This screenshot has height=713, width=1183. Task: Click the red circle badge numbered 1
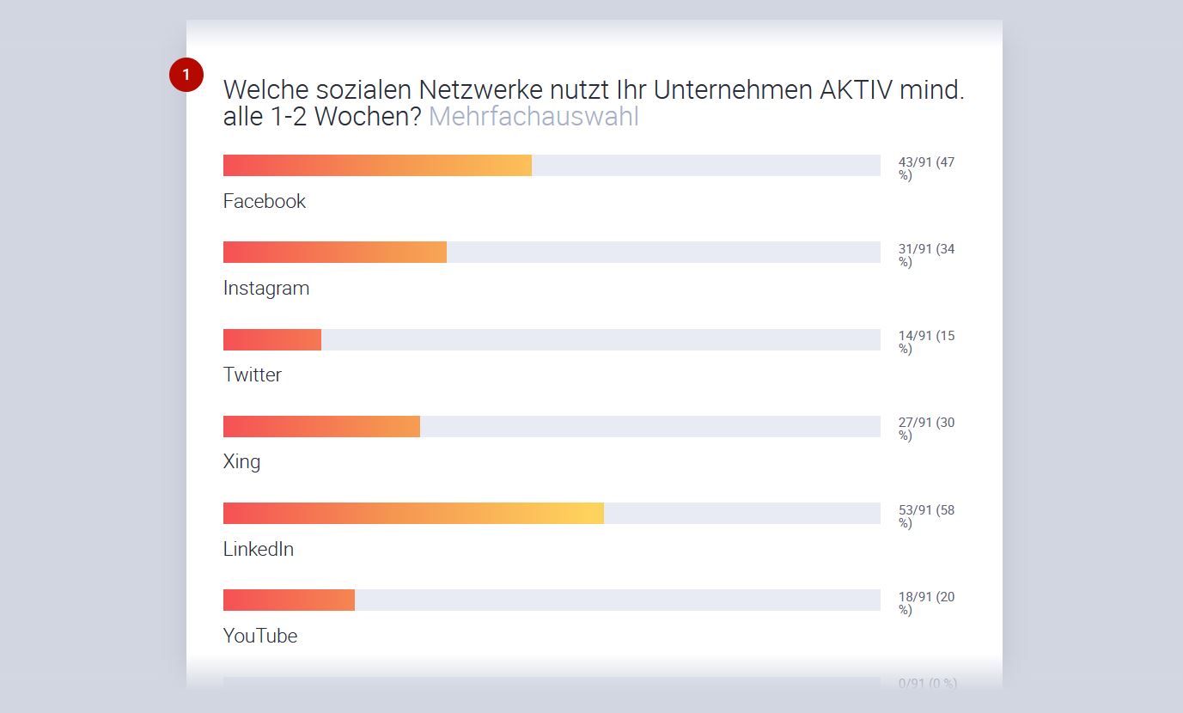(x=186, y=75)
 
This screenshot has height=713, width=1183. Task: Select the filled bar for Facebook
(x=377, y=166)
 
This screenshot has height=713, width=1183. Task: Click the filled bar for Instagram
(x=335, y=253)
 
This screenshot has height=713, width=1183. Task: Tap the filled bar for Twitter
(x=272, y=340)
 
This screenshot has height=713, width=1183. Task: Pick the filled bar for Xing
(x=321, y=427)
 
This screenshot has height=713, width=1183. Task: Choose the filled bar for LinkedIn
(x=413, y=514)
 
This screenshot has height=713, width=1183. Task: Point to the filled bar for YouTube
(x=289, y=600)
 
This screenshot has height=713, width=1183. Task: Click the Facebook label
(x=265, y=201)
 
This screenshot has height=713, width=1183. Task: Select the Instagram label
(x=266, y=288)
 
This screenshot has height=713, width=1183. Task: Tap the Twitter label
(x=253, y=375)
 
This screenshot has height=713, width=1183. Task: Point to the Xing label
(x=241, y=461)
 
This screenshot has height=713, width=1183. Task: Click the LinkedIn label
(x=259, y=549)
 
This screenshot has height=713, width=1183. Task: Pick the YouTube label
(x=260, y=636)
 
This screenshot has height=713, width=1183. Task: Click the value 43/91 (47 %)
(x=926, y=168)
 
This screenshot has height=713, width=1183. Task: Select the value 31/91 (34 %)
(x=926, y=255)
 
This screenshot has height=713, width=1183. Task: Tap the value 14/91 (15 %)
(x=926, y=342)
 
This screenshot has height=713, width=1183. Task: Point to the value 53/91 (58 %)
(x=926, y=516)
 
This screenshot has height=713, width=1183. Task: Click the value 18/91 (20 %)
(x=926, y=603)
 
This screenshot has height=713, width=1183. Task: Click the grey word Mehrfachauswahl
(x=534, y=117)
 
